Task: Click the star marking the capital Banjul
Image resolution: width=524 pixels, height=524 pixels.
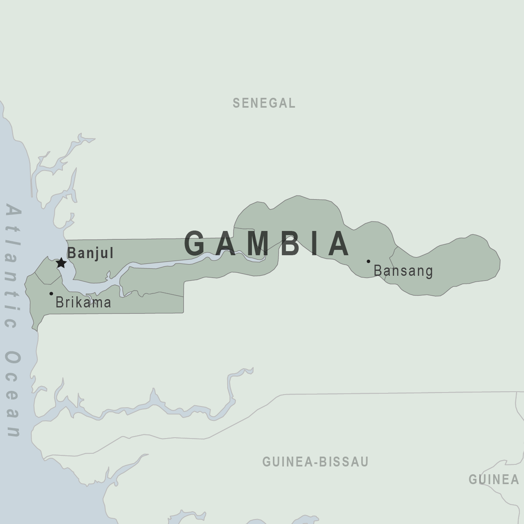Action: tap(61, 263)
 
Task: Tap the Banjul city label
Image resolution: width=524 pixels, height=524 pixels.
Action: tap(90, 253)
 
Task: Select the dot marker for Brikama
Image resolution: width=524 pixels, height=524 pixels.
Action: tap(51, 293)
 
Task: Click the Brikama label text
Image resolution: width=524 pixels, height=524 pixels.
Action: tap(83, 302)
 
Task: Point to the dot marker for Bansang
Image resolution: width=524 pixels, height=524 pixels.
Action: tap(368, 261)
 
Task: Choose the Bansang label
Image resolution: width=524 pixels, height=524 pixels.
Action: tap(403, 271)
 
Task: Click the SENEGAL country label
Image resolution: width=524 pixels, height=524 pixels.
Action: tap(264, 103)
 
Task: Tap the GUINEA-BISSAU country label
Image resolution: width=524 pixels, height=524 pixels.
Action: tap(315, 462)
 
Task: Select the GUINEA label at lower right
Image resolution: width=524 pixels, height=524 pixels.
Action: tap(494, 479)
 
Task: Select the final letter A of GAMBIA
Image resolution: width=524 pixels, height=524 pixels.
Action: tap(339, 243)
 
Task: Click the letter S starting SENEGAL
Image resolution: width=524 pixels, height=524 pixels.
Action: tap(236, 103)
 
